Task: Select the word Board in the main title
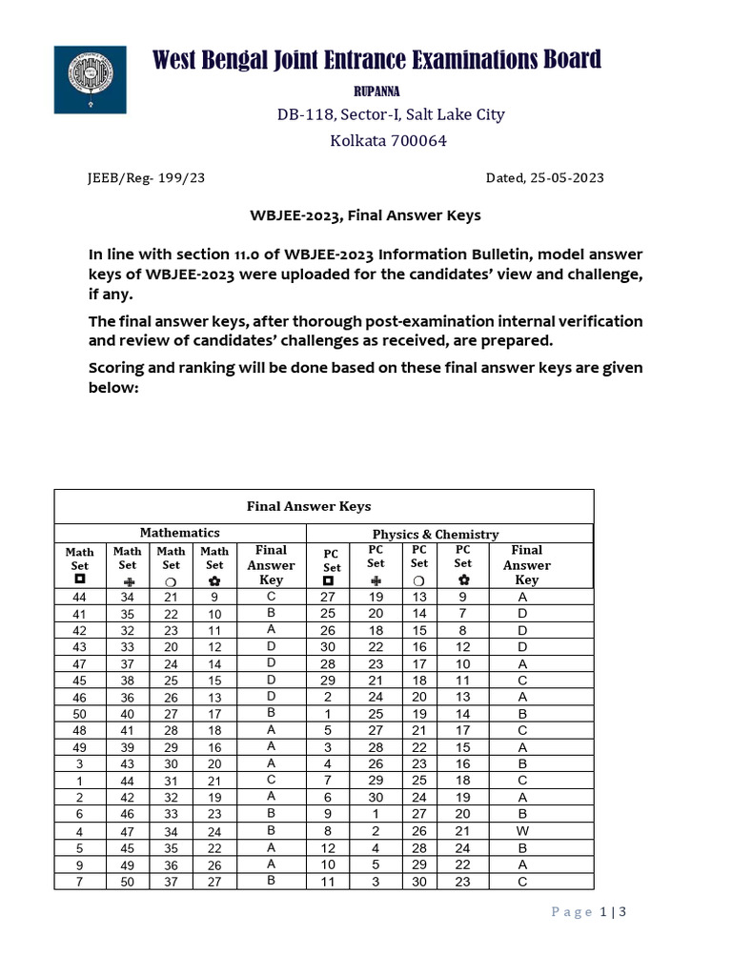tap(565, 59)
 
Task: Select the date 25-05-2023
tap(568, 178)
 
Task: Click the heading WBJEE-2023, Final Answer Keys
tap(365, 215)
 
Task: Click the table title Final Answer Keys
tap(309, 506)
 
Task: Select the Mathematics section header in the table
tap(180, 533)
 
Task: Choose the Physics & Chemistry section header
tap(436, 534)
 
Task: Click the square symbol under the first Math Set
tap(79, 579)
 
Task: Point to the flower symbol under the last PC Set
tap(463, 579)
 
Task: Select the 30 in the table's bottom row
tap(419, 882)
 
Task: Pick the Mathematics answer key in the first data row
tap(272, 597)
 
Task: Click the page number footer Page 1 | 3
tap(589, 912)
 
